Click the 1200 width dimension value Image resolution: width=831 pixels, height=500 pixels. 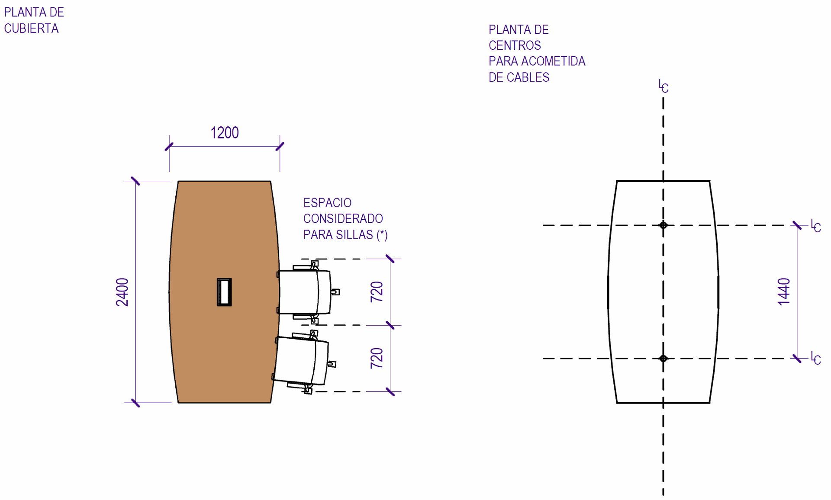tap(224, 133)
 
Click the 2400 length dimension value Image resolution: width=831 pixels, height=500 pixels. tap(122, 292)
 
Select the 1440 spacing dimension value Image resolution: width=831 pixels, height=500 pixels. tap(784, 292)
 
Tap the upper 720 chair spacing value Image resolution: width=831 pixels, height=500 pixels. tap(377, 292)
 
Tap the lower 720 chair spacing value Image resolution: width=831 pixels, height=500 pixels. tap(377, 358)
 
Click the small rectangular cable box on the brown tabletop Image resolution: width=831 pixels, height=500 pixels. tap(224, 292)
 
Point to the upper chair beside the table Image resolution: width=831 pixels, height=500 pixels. tap(306, 292)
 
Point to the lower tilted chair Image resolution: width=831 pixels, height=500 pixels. tap(302, 361)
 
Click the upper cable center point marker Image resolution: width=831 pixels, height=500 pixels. tap(663, 225)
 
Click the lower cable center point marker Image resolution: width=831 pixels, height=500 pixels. tap(663, 359)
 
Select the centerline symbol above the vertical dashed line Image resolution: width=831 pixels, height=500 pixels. tap(663, 87)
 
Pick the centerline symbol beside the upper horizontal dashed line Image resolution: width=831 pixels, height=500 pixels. tap(815, 226)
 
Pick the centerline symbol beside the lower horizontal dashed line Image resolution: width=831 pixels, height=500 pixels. tap(815, 359)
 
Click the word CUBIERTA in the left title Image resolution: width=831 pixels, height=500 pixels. tap(31, 29)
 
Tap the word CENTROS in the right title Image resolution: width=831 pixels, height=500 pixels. tap(515, 45)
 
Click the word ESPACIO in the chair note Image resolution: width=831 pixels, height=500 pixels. tap(327, 203)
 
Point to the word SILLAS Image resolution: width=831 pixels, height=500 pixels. tap(353, 235)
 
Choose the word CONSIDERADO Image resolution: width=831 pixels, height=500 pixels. tap(343, 219)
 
